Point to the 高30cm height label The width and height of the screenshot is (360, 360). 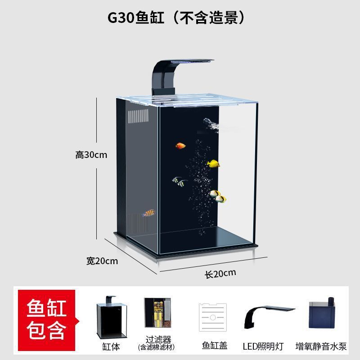[x=91, y=155]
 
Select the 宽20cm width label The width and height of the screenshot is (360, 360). [x=102, y=261]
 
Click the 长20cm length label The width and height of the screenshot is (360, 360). [x=220, y=273]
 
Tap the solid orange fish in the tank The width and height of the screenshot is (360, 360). [x=180, y=146]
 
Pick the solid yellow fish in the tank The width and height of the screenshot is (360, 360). [x=213, y=164]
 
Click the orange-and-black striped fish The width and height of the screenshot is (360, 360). [x=149, y=213]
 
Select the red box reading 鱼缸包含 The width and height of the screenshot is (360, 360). [x=46, y=320]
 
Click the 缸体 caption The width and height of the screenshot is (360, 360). [x=111, y=346]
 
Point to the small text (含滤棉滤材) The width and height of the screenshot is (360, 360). [x=156, y=347]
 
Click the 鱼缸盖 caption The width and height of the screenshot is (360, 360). [x=214, y=345]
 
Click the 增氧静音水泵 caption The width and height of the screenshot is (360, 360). [x=321, y=346]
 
